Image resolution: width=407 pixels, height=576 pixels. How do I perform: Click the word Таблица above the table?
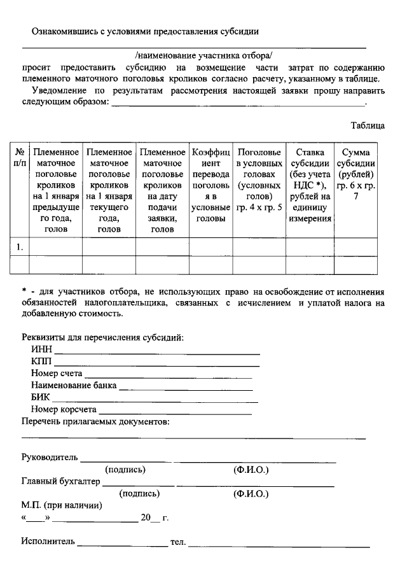pos(368,126)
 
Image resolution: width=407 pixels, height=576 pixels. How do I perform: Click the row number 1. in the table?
pos(20,246)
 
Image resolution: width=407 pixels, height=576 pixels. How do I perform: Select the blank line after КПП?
pos(157,364)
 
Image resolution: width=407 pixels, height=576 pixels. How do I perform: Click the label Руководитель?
pos(50,457)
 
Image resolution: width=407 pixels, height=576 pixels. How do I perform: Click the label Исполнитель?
pos(48,542)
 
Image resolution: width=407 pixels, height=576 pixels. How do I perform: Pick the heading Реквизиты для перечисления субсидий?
pos(102,337)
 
